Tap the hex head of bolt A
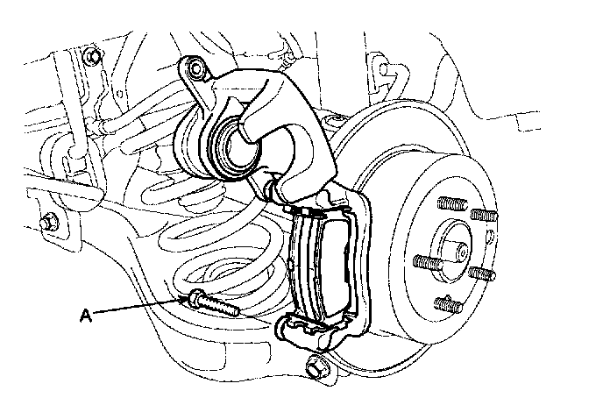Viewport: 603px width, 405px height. (194, 298)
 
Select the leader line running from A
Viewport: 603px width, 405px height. (140, 305)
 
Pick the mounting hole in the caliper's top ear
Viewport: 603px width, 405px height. (195, 68)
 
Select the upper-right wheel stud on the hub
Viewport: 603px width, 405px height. (482, 216)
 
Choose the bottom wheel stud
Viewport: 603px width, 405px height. (446, 305)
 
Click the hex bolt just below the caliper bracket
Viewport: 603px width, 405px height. (316, 366)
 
